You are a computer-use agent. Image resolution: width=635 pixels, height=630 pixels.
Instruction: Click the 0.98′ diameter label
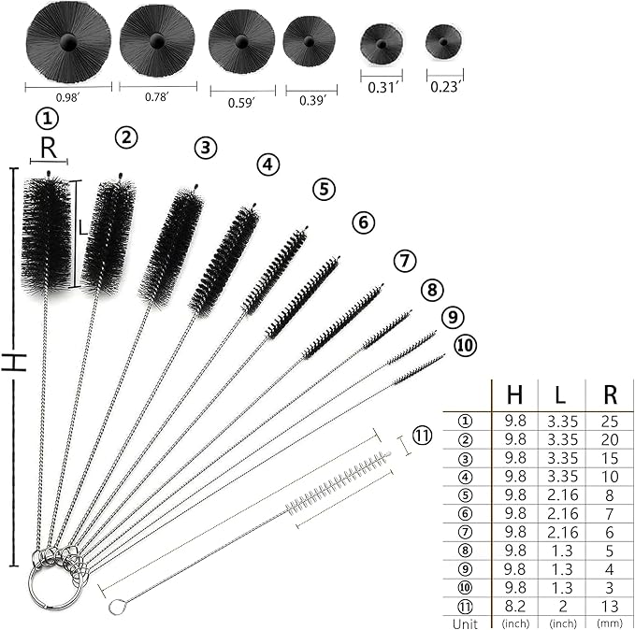point(67,97)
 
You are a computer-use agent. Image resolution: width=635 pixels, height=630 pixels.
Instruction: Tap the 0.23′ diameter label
point(444,87)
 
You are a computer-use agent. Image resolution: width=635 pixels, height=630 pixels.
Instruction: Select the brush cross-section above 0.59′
point(242,41)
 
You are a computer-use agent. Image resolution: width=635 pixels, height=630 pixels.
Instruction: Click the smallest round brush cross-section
point(443,42)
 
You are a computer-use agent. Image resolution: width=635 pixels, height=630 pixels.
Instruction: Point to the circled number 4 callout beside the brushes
point(268,165)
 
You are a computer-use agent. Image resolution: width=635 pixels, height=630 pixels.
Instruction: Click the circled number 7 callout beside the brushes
point(405,261)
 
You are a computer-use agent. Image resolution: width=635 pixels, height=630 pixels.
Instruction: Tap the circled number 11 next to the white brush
point(422,436)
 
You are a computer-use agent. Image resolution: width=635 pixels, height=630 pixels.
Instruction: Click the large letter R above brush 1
point(49,149)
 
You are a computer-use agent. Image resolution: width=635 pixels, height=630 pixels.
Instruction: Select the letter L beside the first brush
point(82,227)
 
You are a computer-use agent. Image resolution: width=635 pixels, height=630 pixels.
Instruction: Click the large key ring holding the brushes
point(29,583)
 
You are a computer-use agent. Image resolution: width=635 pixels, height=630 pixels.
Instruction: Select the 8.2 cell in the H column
point(515,606)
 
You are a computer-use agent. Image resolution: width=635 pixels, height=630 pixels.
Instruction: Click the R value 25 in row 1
point(610,422)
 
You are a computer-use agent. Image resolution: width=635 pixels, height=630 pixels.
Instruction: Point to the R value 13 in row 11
point(610,606)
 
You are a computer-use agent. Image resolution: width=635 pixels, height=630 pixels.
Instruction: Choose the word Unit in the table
point(465,623)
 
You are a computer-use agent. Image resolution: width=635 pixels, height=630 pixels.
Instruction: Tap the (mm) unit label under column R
point(610,623)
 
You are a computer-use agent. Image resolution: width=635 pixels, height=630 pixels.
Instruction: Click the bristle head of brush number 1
point(47,236)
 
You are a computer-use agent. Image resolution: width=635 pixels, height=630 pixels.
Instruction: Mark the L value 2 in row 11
point(562,606)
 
